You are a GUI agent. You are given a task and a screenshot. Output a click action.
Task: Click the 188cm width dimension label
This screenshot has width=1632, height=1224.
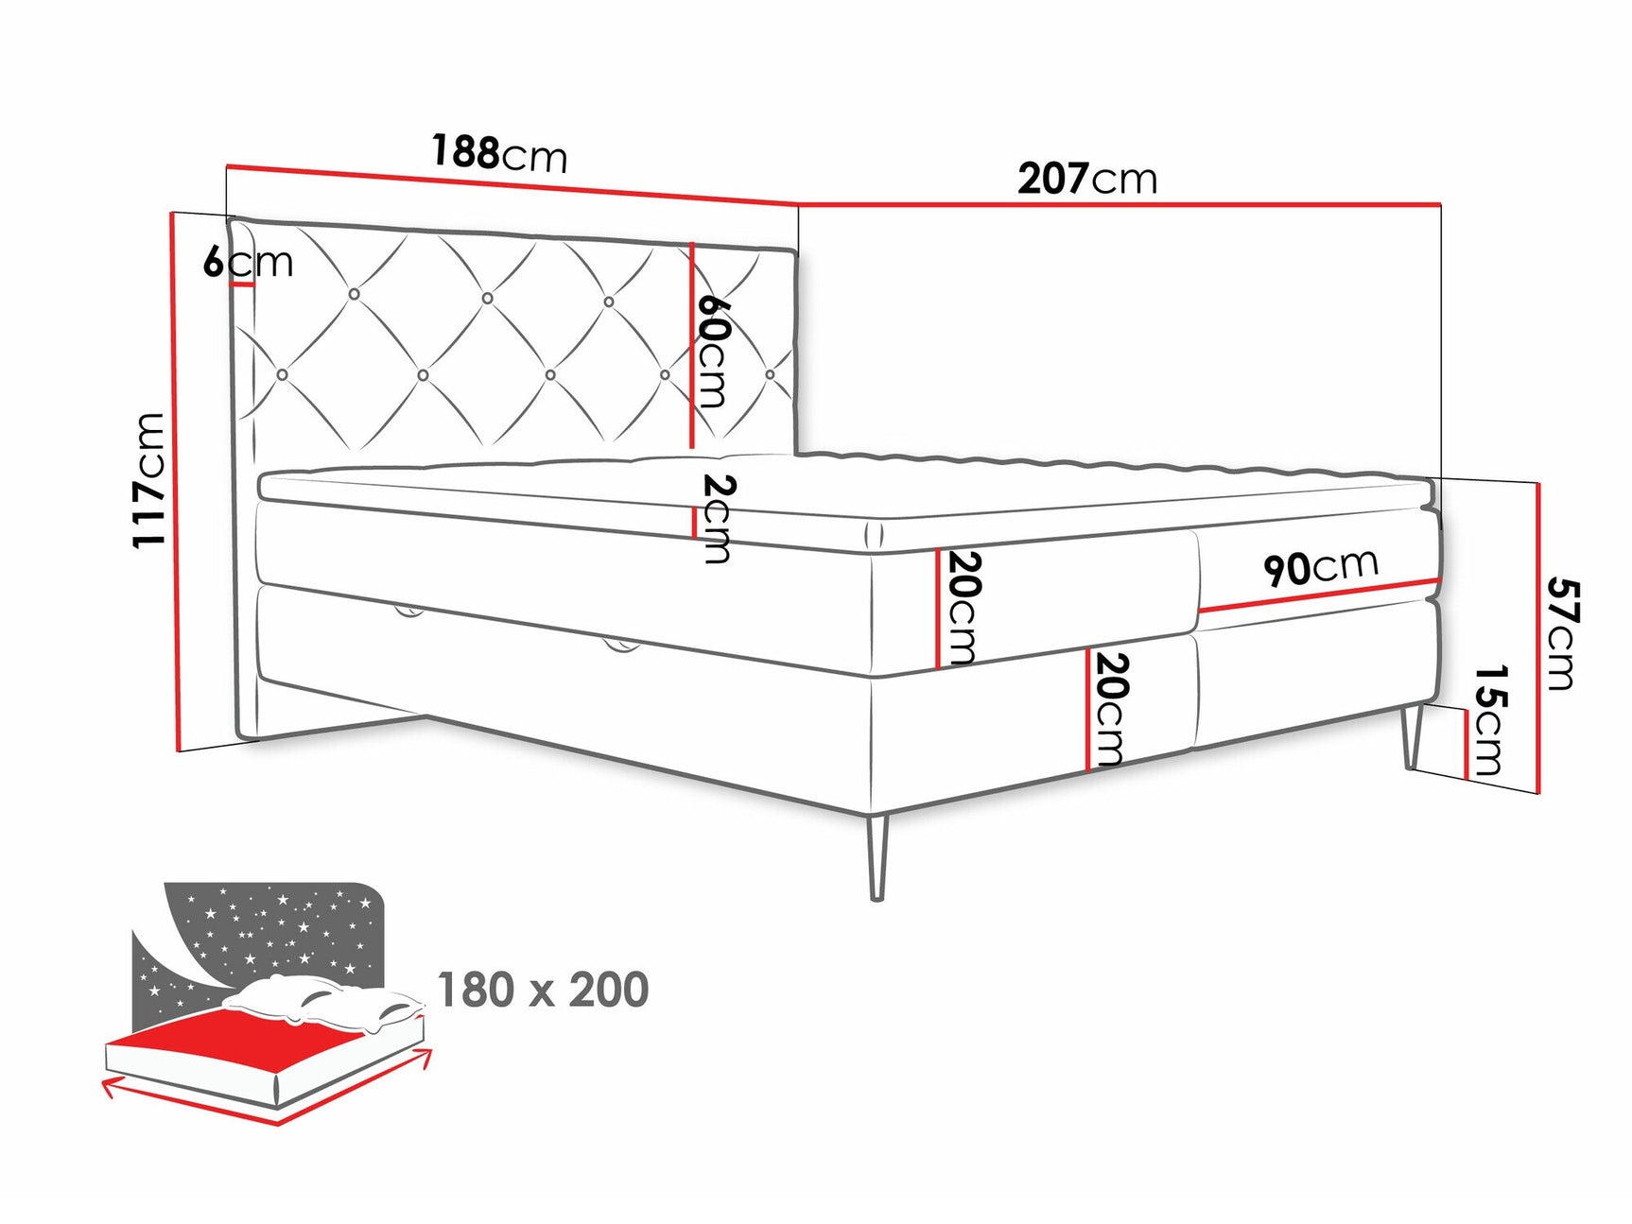tap(499, 153)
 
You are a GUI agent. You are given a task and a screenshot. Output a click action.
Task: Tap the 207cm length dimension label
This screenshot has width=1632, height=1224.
tap(1086, 179)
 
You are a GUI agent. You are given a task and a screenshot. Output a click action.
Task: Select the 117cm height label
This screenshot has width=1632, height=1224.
tap(149, 479)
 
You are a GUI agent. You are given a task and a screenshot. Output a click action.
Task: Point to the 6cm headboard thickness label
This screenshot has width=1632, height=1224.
tap(248, 262)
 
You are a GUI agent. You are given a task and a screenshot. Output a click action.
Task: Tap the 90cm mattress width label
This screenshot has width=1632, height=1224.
tap(1320, 567)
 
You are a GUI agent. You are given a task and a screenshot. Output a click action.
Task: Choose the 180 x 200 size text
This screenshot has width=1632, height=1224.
tap(543, 990)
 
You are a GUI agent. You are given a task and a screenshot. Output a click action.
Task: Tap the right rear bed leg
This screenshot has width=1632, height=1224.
tap(1412, 736)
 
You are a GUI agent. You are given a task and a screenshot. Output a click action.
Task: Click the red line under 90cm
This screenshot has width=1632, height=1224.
tap(1320, 595)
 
